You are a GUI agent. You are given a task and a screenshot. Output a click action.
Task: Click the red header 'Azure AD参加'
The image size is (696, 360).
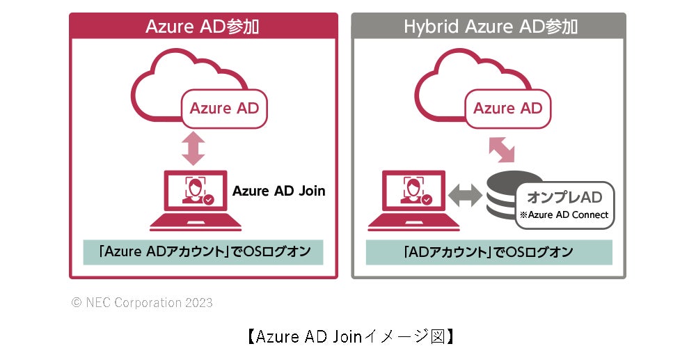[x=203, y=26]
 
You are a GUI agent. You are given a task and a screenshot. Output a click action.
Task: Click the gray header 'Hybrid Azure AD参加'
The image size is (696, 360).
[x=490, y=26]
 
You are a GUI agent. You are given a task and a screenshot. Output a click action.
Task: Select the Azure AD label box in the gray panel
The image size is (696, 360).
[x=507, y=108]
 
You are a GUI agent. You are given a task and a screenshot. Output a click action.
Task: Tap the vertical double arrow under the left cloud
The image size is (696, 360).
[x=193, y=148]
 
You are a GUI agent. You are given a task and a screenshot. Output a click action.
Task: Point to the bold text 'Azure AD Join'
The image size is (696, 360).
[x=278, y=191]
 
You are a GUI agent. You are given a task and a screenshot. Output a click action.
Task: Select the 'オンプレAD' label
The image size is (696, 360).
[x=564, y=198]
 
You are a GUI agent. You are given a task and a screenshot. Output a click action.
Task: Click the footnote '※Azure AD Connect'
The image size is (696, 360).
[x=564, y=215]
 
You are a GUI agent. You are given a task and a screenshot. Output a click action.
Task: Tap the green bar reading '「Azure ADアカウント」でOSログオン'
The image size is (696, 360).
[x=203, y=252]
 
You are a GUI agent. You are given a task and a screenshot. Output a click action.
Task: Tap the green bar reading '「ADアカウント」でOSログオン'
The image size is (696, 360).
[x=489, y=252]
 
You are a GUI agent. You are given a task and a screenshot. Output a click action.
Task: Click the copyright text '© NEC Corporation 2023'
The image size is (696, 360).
[x=143, y=303]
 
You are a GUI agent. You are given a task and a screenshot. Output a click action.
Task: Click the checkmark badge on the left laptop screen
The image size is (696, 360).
[x=208, y=200]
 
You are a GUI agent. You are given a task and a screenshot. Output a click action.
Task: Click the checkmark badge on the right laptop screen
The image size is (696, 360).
[x=427, y=200]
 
